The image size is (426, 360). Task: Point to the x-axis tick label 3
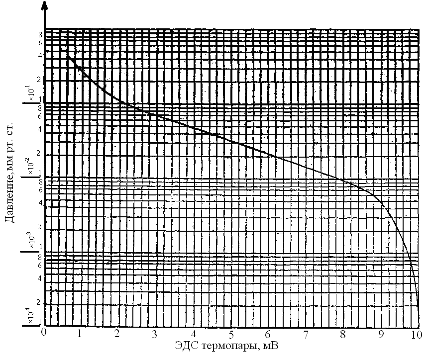pyautogui.click(x=155, y=333)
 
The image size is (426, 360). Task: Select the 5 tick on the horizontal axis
pyautogui.click(x=232, y=333)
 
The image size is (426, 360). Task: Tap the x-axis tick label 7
pyautogui.click(x=305, y=333)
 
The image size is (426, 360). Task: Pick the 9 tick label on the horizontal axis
pyautogui.click(x=381, y=333)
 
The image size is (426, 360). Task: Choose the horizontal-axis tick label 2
pyautogui.click(x=117, y=333)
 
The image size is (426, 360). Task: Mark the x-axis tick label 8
pyautogui.click(x=343, y=333)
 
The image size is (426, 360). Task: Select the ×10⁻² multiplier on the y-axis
pyautogui.click(x=31, y=166)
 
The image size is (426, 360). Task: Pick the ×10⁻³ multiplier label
pyautogui.click(x=31, y=241)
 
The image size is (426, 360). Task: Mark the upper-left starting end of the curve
pyautogui.click(x=68, y=56)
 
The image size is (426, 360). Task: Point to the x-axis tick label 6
pyautogui.click(x=269, y=333)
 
